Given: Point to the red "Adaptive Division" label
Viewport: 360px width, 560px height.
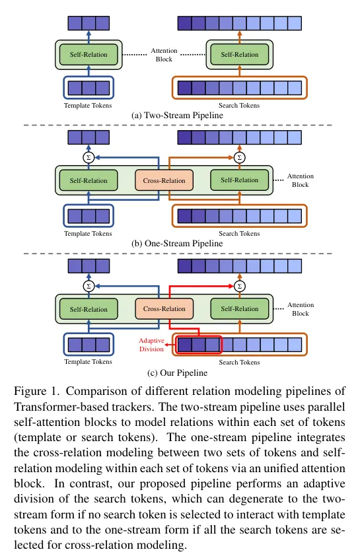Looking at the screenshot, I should [151, 344].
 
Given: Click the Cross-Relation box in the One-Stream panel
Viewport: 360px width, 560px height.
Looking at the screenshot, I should [164, 180].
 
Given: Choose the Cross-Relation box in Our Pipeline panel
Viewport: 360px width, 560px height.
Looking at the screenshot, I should [164, 308].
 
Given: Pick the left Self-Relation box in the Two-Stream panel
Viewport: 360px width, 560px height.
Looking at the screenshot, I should [89, 53].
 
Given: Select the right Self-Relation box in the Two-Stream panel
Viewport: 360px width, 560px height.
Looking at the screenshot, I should [239, 53].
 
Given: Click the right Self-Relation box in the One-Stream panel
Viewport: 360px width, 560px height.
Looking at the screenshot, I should [239, 180].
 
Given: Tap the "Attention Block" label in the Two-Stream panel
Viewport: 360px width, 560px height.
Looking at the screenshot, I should [162, 54].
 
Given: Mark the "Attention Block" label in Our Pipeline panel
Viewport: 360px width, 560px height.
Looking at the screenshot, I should [300, 309].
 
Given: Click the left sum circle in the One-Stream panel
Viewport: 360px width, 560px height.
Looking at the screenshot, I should [89, 157].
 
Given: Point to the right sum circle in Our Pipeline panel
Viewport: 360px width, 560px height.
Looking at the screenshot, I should [239, 286].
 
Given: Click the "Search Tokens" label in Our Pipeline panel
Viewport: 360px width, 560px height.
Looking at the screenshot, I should [239, 362].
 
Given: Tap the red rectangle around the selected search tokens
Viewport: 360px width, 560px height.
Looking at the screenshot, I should [199, 344].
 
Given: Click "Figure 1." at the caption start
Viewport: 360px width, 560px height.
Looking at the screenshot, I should [32, 390].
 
